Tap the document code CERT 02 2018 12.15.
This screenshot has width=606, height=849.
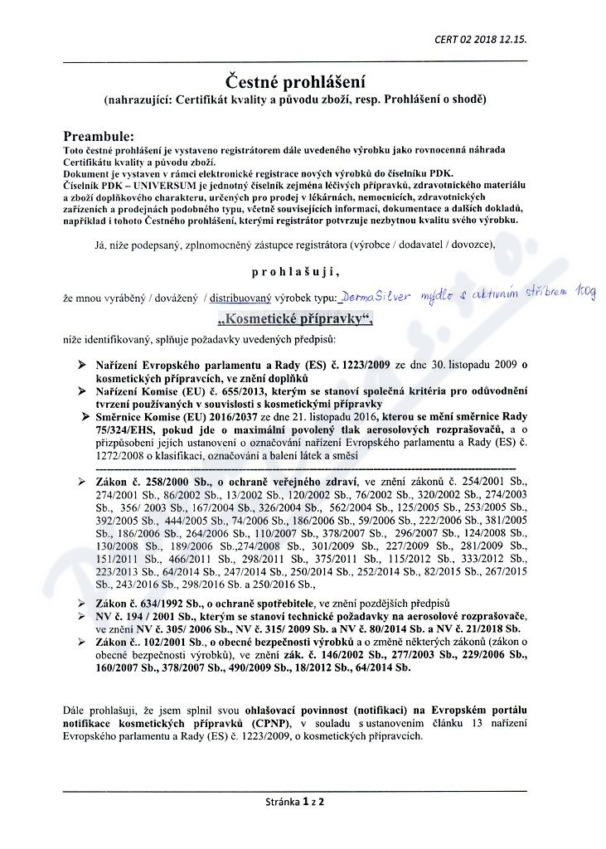pos(481,39)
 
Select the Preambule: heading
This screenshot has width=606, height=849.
pos(98,135)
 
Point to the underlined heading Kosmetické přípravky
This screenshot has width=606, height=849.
pos(295,320)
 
